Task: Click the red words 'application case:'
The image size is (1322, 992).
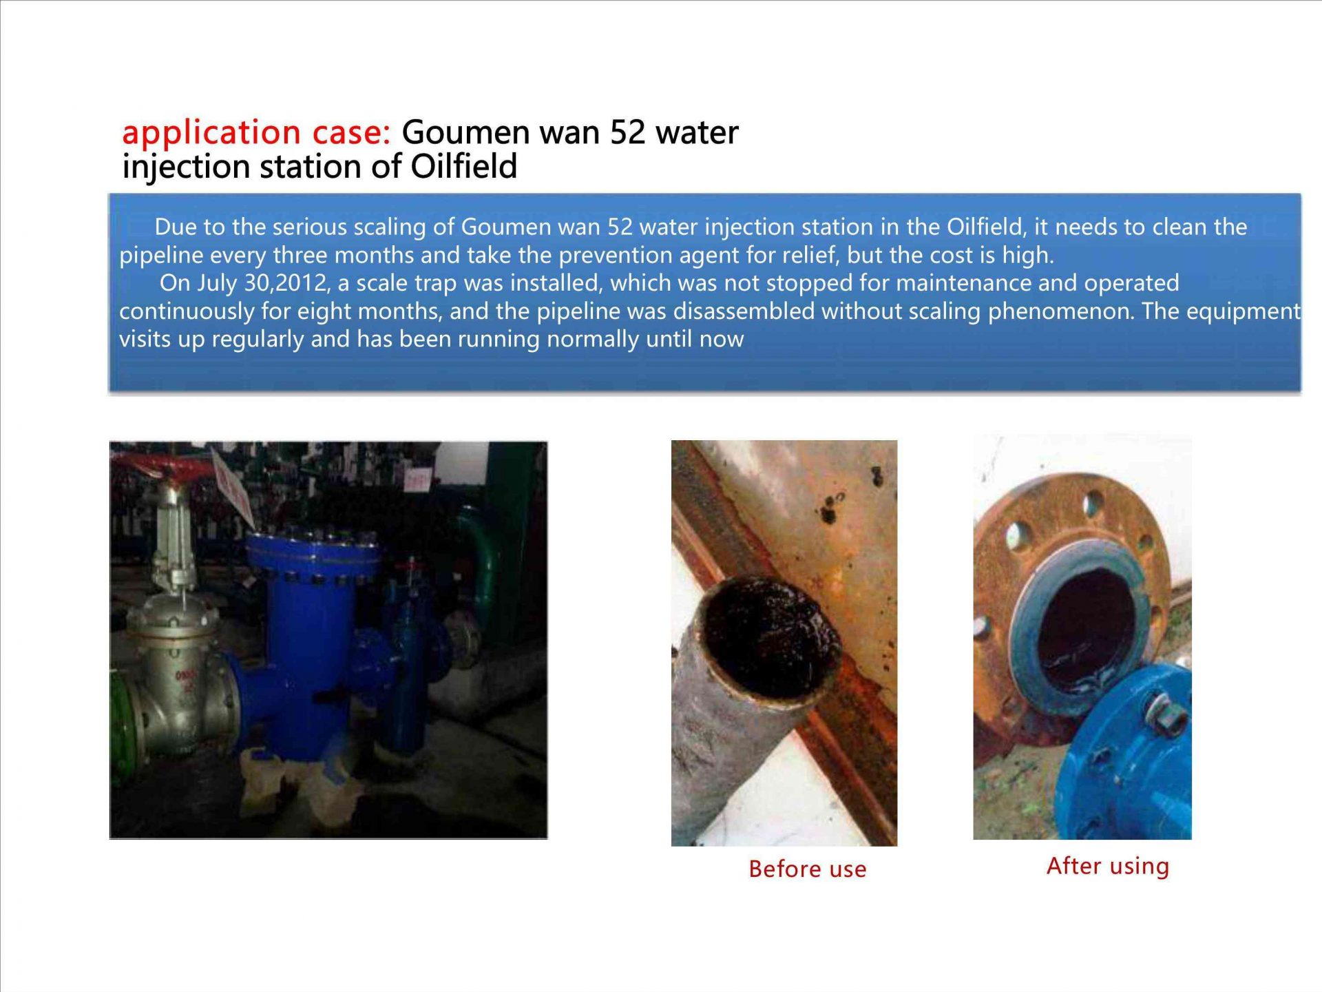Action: pos(257,133)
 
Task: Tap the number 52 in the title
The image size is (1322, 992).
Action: pos(627,132)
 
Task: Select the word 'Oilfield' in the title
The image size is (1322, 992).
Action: pos(464,166)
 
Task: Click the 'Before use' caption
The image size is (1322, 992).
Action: pos(808,869)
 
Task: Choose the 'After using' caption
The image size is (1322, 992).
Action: pos(1108,866)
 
